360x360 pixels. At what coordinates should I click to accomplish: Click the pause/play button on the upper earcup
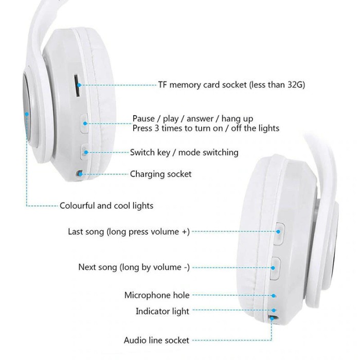tap(85, 123)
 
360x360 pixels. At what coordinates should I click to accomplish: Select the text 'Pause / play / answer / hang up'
tap(192, 119)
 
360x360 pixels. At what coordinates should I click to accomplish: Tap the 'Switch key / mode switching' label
tap(184, 152)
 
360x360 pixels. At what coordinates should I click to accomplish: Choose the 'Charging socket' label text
tap(160, 174)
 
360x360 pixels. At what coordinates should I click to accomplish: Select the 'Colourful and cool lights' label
tap(106, 206)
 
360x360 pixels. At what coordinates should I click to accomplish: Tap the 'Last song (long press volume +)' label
tap(129, 232)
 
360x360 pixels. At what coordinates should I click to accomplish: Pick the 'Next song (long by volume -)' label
tap(134, 267)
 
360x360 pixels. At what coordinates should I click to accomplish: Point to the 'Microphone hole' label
tap(157, 295)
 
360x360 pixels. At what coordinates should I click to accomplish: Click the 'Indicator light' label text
tap(163, 311)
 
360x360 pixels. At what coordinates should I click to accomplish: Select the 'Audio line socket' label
tap(156, 340)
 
